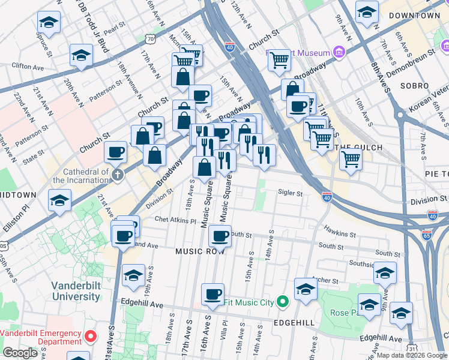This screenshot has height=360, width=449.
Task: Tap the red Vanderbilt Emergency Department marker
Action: [90, 337]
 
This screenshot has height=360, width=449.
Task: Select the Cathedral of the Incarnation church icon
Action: [118, 175]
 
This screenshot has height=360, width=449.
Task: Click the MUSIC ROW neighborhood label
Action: [200, 251]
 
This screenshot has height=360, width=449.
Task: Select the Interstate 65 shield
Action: [427, 235]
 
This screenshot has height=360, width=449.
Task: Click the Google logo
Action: [20, 353]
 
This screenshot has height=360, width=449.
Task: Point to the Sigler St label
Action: [291, 193]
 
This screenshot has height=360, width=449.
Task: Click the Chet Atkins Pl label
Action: [175, 220]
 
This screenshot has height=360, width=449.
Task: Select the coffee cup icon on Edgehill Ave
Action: [212, 293]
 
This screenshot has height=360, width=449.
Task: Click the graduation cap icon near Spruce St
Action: [49, 22]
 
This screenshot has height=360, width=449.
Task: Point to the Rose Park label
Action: [345, 313]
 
